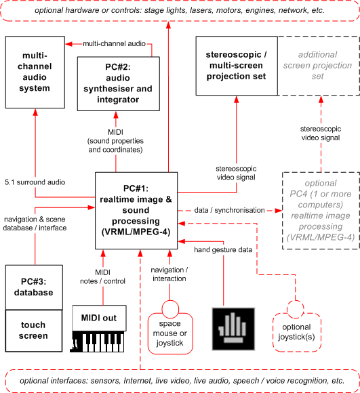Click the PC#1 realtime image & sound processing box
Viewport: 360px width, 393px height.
(136, 211)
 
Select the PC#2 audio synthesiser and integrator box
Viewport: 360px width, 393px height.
(119, 84)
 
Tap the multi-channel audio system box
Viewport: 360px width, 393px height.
(35, 73)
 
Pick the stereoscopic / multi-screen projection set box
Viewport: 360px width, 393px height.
(237, 66)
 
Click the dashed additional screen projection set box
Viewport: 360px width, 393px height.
(319, 66)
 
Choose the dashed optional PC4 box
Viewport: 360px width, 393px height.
(321, 211)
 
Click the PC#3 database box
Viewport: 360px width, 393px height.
(34, 287)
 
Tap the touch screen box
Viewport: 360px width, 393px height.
(34, 331)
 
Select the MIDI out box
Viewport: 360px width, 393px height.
(99, 318)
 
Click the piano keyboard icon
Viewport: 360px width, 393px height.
(97, 342)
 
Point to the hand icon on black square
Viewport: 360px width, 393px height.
(233, 329)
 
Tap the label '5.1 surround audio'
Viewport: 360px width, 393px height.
(35, 182)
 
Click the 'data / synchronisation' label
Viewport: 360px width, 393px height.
(229, 210)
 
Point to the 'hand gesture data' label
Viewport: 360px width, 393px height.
(223, 249)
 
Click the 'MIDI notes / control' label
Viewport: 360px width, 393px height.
(102, 276)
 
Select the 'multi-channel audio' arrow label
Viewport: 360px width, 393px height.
(114, 43)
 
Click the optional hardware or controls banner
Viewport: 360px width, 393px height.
(180, 11)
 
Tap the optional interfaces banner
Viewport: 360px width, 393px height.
(182, 381)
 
